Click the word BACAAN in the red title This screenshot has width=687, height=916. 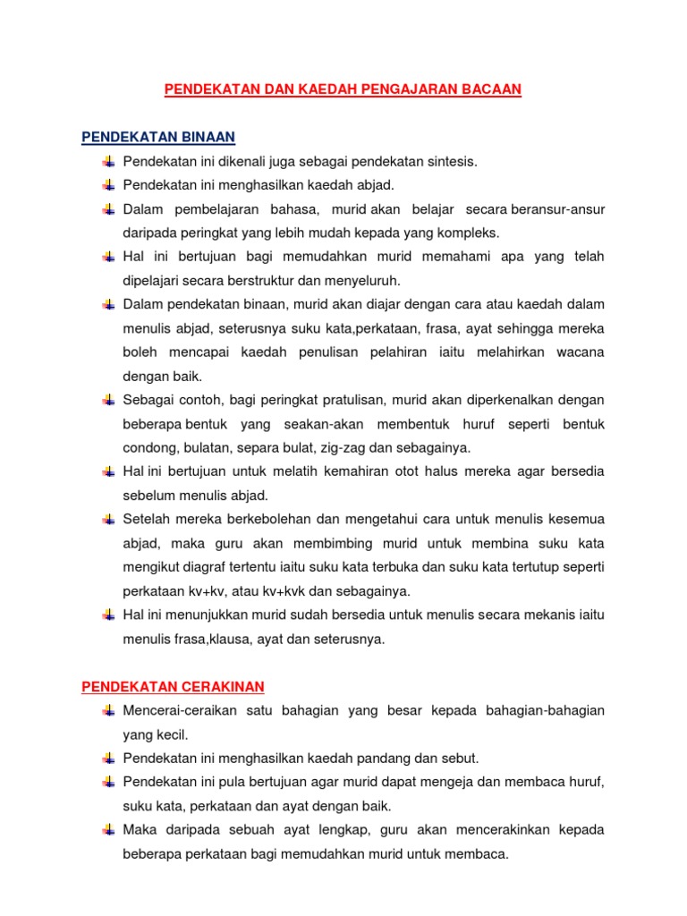coord(492,89)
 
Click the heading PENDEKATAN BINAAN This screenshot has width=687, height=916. coord(158,137)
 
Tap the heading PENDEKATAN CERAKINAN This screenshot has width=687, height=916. coord(174,686)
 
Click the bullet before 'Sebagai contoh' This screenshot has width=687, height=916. coord(108,400)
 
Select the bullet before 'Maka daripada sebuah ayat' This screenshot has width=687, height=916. coord(108,830)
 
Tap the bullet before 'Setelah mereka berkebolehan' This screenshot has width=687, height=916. coord(108,520)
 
